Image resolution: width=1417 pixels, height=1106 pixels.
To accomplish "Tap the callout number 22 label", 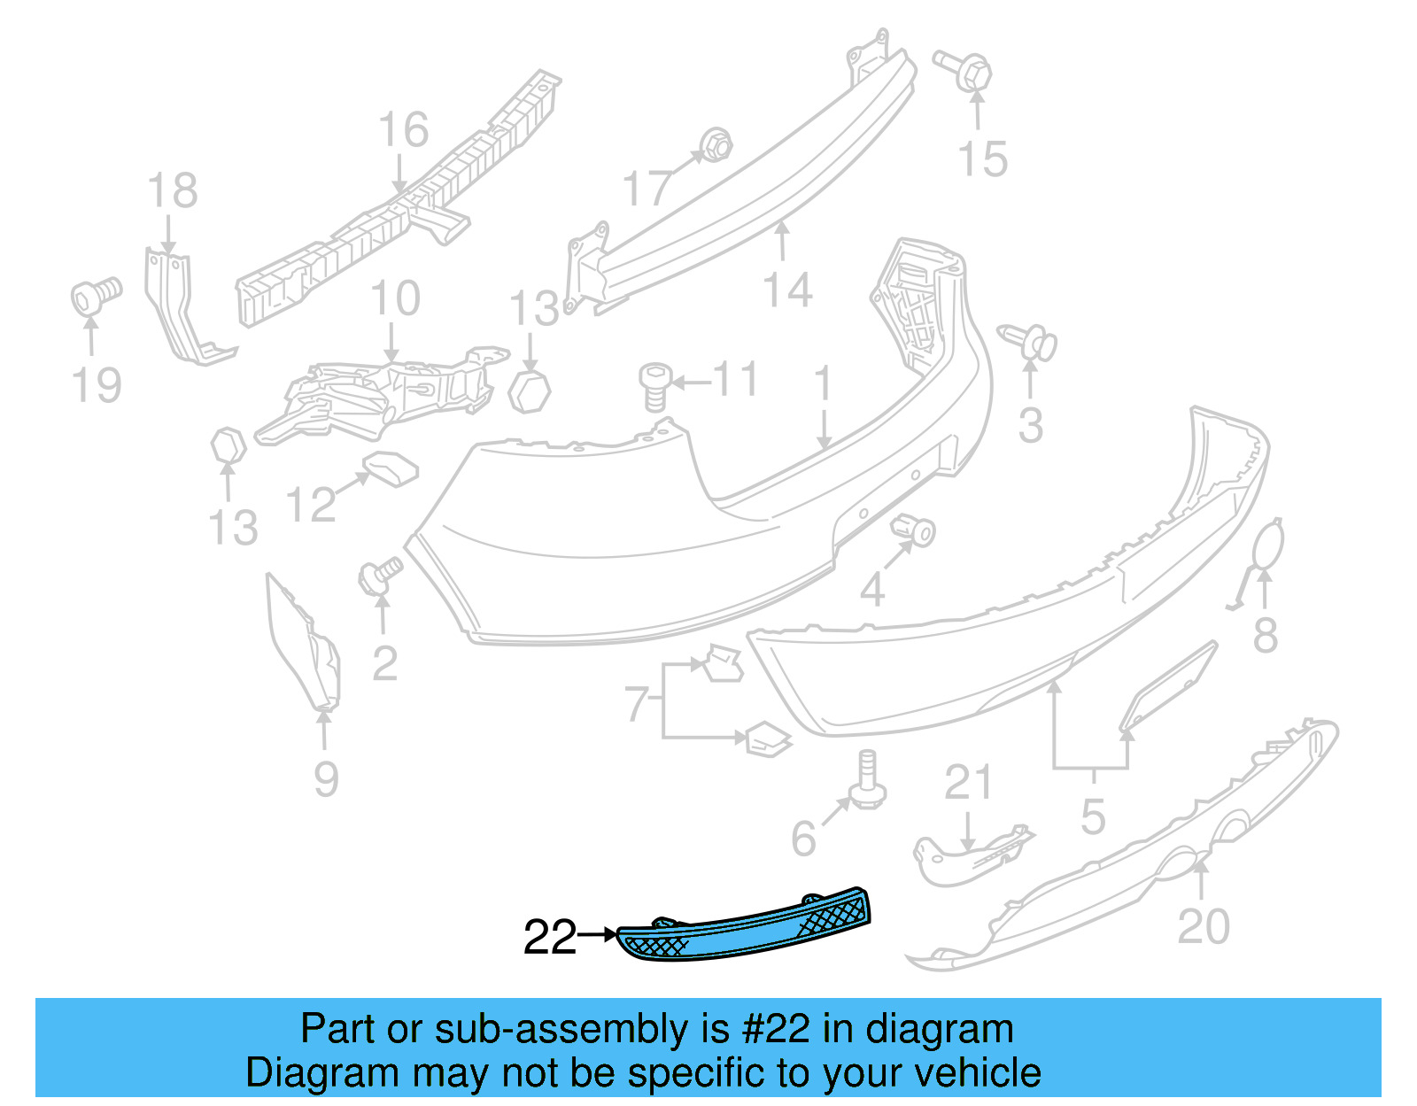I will pos(549,938).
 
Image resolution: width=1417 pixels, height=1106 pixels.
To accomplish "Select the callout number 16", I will pos(403,130).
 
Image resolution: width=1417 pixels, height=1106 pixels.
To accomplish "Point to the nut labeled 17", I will pos(714,144).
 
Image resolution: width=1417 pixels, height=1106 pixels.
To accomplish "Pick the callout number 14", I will pos(787,290).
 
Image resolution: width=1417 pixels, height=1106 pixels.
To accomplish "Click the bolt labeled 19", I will pos(93,294).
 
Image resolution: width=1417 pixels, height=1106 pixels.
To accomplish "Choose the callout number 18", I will pos(172,191).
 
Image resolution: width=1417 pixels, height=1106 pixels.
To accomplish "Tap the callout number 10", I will pos(395,298).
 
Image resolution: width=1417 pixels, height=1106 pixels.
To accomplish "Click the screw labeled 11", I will pos(654,386).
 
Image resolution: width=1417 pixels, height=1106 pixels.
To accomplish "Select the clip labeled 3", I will pos(1030,342).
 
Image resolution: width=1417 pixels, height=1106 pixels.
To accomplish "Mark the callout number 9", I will pos(326,778).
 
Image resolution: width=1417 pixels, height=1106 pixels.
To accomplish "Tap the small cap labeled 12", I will pos(391,468).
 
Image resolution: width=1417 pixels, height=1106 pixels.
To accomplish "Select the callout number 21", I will pos(967,783).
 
